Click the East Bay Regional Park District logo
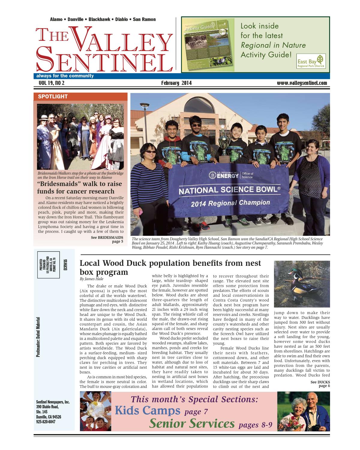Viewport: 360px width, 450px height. pyautogui.click(x=311, y=61)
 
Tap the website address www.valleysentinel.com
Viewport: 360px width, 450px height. pyautogui.click(x=302, y=83)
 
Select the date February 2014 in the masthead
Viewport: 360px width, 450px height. pyautogui.click(x=176, y=83)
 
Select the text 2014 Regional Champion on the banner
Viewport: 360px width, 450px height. pyautogui.click(x=230, y=203)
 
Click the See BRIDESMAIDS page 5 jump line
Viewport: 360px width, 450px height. pyautogui.click(x=107, y=239)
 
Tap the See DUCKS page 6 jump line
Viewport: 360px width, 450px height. pyautogui.click(x=320, y=384)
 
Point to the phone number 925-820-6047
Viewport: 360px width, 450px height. pyautogui.click(x=46, y=421)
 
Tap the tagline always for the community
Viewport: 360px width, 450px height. pyautogui.click(x=65, y=76)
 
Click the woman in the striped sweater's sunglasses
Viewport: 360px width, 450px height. pyautogui.click(x=151, y=152)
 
